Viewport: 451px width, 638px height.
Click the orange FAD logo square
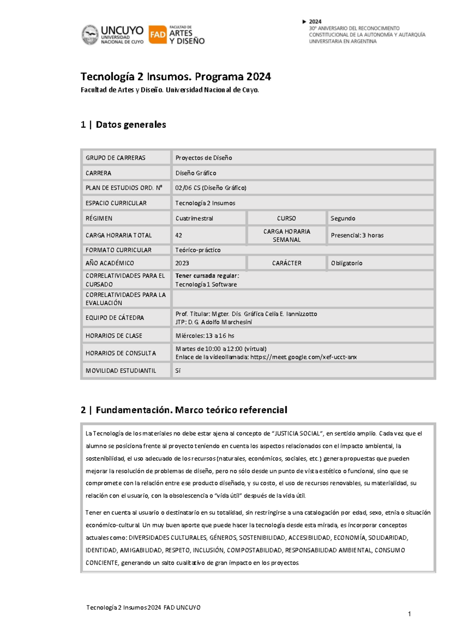(157, 35)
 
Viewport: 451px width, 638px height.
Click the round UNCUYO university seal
(90, 35)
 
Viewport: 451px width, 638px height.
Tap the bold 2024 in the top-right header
(315, 22)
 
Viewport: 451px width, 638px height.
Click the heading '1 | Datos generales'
(123, 125)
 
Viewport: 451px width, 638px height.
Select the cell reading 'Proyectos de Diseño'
(204, 158)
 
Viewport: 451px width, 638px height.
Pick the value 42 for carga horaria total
(179, 235)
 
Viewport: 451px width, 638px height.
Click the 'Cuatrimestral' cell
(194, 219)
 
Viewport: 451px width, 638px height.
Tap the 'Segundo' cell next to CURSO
(343, 219)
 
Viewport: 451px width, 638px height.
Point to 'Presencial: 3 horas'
(357, 235)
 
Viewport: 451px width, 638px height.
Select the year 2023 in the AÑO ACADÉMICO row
(182, 263)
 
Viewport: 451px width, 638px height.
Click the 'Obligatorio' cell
(347, 263)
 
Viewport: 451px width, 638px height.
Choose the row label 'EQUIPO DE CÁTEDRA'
(115, 318)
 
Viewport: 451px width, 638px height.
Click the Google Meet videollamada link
(304, 357)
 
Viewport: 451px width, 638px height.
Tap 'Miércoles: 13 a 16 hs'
(205, 336)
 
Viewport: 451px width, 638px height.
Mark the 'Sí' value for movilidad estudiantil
(178, 371)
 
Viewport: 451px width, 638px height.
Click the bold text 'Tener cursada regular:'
(207, 276)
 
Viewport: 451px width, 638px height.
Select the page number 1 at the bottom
(409, 614)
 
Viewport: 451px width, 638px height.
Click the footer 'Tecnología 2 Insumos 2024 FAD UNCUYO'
(143, 608)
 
